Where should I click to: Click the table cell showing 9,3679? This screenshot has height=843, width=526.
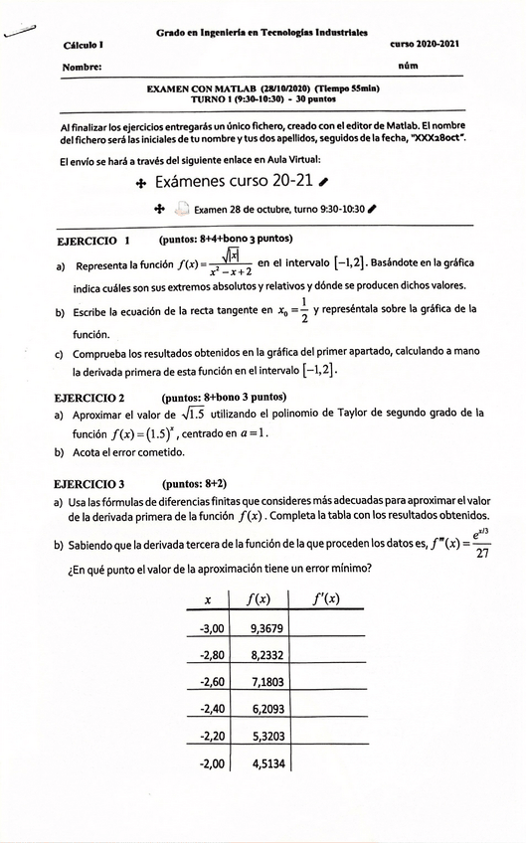coord(267,628)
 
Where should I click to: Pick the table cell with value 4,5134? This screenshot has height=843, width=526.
coord(267,763)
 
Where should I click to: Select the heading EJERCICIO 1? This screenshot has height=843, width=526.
coord(94,240)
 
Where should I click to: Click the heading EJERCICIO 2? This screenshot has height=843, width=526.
coord(89,397)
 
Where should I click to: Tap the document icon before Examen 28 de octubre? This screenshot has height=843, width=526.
coord(181,210)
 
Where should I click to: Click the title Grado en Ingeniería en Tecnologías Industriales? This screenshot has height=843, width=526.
coord(262,32)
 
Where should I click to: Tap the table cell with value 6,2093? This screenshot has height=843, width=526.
coord(267,709)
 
